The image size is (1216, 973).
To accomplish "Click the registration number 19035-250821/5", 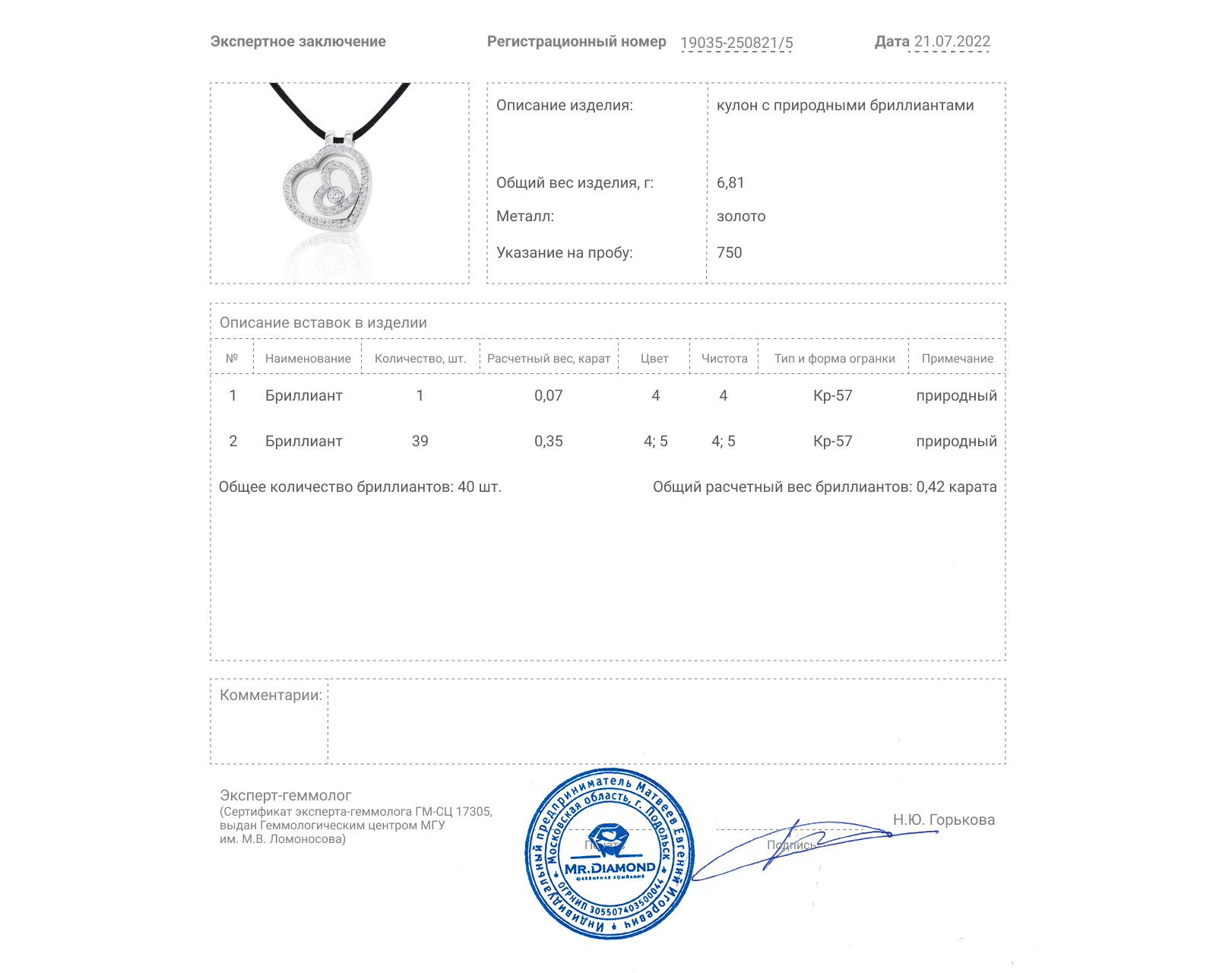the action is [x=736, y=43].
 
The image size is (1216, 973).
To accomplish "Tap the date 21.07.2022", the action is [x=952, y=42].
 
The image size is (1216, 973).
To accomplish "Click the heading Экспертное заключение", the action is [x=298, y=42].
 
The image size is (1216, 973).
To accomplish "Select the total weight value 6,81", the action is [x=730, y=182].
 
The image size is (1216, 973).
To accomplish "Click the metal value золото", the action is [x=741, y=217].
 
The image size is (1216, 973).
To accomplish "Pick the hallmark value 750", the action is [x=729, y=252].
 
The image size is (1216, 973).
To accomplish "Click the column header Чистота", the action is [x=724, y=359].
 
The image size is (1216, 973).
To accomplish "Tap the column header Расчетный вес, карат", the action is [x=549, y=359].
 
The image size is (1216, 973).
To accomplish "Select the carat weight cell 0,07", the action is [x=548, y=395].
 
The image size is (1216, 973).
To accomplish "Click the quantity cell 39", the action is [x=420, y=441].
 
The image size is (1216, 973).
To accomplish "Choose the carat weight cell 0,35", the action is [x=548, y=441].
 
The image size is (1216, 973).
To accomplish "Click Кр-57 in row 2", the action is [x=832, y=441].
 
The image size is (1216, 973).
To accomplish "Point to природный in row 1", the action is [x=956, y=395].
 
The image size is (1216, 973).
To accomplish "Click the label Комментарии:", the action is [x=271, y=695].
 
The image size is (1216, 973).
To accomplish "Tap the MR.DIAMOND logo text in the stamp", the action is [x=610, y=867].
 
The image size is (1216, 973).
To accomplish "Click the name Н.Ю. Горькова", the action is [x=943, y=819].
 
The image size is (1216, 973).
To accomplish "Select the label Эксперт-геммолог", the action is [x=285, y=795].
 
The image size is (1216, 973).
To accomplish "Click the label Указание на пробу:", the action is [x=564, y=252].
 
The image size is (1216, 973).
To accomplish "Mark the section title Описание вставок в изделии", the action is [x=323, y=322].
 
